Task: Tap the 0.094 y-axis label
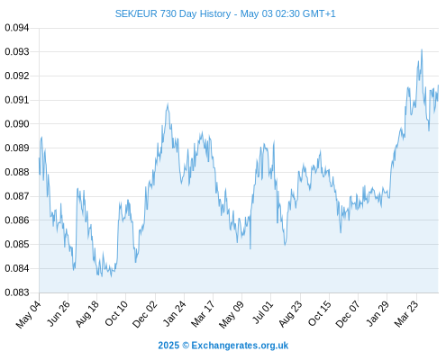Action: [x=17, y=28]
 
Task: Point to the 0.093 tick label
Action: [x=17, y=52]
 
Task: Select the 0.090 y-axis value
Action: [x=17, y=124]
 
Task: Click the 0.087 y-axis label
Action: [x=17, y=196]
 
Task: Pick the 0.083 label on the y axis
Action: [x=17, y=292]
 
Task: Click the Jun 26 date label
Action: [x=59, y=313]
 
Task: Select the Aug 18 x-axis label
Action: [x=86, y=314]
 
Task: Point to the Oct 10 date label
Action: [x=116, y=313]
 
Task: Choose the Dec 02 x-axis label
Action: [x=144, y=314]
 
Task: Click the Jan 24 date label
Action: [x=174, y=313]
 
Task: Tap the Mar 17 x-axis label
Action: [x=203, y=314]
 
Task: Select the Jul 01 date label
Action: [x=263, y=312]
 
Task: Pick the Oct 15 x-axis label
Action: [x=320, y=313]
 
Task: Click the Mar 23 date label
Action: [x=406, y=314]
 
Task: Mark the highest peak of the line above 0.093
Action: [x=422, y=49]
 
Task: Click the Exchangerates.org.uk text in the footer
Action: [x=240, y=346]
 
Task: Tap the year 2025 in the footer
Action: [x=168, y=346]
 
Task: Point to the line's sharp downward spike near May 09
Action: [x=250, y=248]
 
